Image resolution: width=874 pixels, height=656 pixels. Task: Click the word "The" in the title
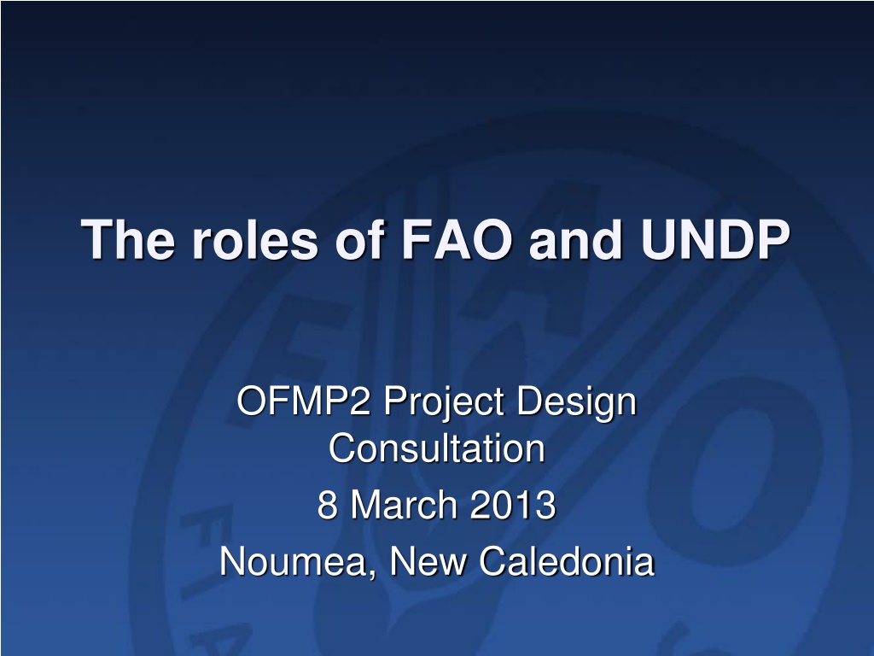click(x=128, y=239)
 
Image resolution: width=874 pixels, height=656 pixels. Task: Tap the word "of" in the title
click(x=360, y=239)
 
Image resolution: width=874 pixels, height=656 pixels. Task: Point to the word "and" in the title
click(x=576, y=239)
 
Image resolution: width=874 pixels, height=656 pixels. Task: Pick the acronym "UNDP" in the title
click(x=715, y=239)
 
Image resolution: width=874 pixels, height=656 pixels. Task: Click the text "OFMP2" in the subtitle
click(x=304, y=401)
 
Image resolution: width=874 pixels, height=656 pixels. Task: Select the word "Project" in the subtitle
click(x=445, y=404)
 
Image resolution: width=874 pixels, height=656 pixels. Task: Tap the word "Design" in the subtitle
click(x=577, y=404)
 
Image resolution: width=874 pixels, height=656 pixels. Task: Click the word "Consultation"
click(x=436, y=448)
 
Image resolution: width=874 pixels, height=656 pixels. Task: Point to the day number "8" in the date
click(x=327, y=505)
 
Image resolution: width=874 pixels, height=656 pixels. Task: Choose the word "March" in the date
click(x=404, y=504)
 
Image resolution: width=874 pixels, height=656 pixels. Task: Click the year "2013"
click(x=513, y=505)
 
